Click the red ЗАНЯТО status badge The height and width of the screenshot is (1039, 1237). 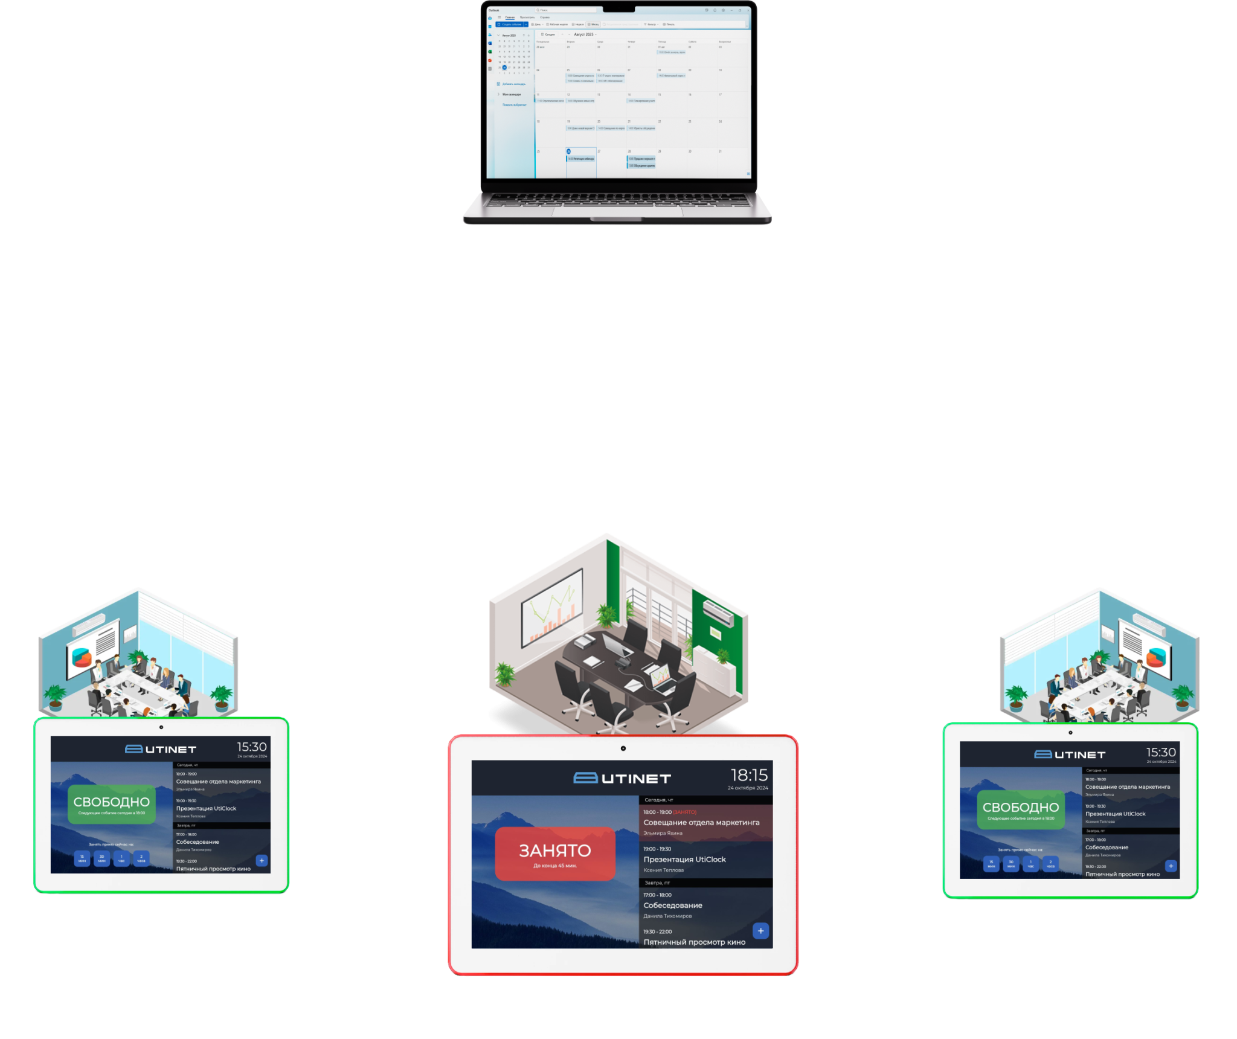[x=555, y=854]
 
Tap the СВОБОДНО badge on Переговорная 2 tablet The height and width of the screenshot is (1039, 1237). [x=112, y=804]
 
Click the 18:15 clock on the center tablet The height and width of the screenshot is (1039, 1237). [x=749, y=775]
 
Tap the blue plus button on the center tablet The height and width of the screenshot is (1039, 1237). [x=760, y=931]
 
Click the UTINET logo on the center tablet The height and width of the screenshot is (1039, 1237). [x=622, y=778]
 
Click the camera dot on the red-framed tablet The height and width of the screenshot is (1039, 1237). [x=623, y=748]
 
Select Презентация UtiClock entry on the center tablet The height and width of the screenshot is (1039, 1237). [x=684, y=859]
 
